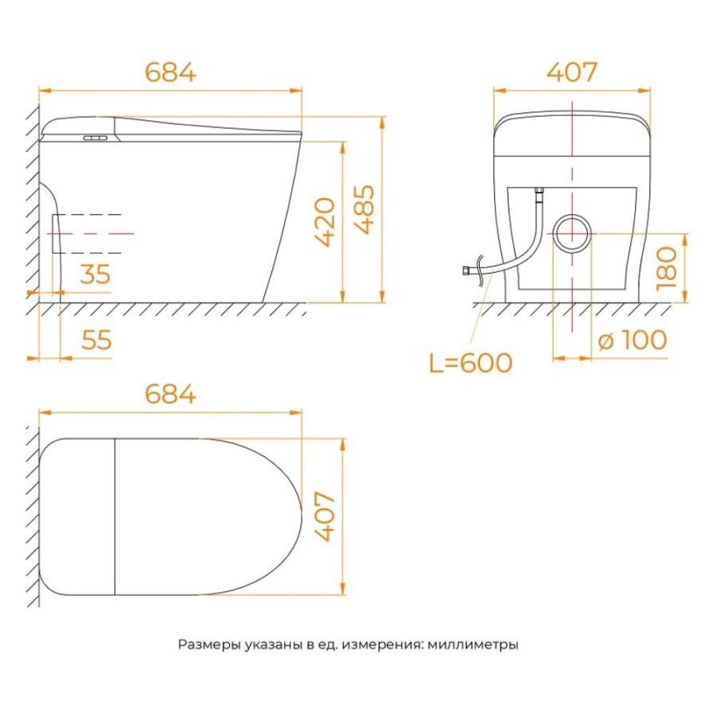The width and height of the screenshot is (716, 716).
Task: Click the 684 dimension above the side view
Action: click(x=170, y=72)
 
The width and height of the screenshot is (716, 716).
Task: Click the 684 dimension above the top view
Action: click(x=170, y=394)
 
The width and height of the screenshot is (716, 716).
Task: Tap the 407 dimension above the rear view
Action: click(x=572, y=72)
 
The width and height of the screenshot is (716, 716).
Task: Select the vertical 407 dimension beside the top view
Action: click(x=325, y=516)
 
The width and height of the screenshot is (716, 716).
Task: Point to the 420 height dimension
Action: click(x=325, y=222)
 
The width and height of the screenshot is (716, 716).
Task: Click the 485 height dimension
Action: click(x=365, y=209)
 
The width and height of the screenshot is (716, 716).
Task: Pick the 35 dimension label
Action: click(x=95, y=274)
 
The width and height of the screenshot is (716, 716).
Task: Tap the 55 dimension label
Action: click(x=96, y=340)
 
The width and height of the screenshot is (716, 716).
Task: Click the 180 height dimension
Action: click(x=666, y=268)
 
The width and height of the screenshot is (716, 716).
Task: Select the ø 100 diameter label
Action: click(x=632, y=340)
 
